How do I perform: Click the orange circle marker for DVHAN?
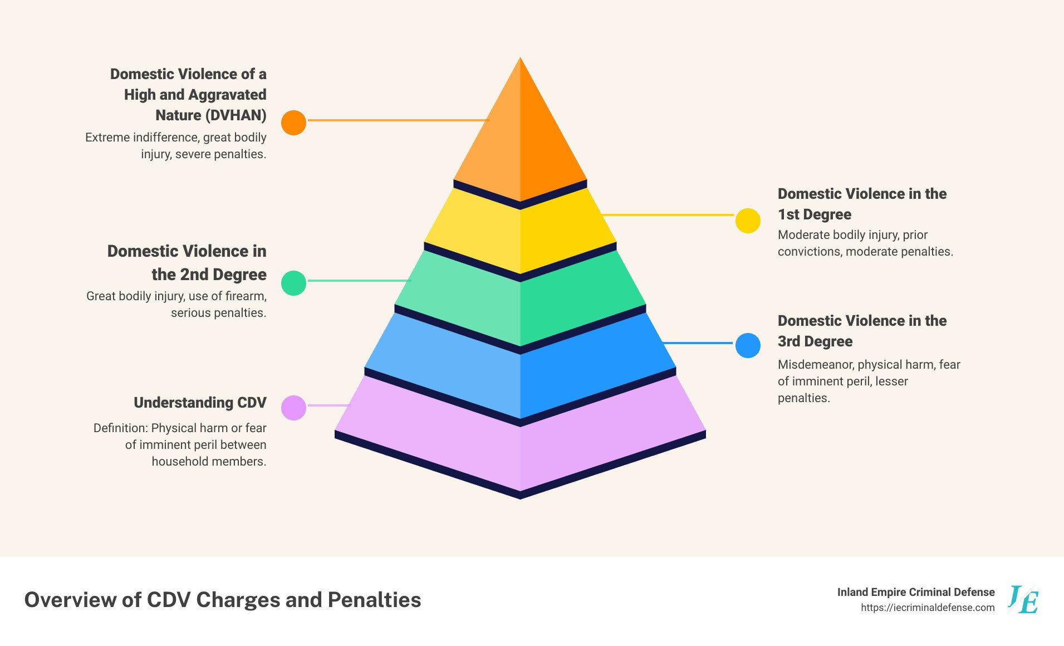click(293, 123)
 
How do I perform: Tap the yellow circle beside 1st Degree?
click(748, 221)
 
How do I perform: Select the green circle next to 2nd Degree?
click(293, 283)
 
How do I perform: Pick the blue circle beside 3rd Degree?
click(748, 345)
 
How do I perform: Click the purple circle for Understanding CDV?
click(293, 408)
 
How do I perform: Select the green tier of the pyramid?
click(520, 301)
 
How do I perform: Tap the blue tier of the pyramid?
click(520, 368)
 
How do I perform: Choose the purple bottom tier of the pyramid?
click(520, 440)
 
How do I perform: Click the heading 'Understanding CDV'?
click(200, 403)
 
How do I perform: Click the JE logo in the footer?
click(1023, 599)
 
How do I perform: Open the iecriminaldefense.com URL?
click(928, 608)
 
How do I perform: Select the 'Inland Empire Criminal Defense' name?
click(916, 592)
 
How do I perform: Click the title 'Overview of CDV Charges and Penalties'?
click(223, 600)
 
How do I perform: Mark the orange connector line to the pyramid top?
click(399, 120)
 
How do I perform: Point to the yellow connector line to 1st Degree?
click(668, 214)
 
